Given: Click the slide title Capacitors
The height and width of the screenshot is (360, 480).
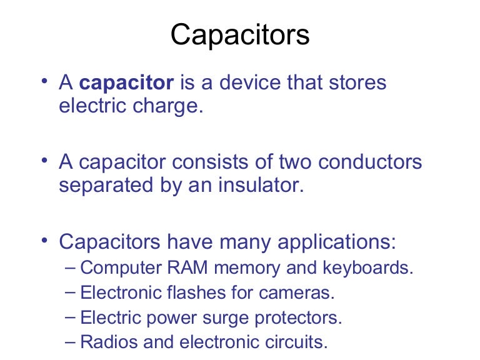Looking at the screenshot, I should (240, 36).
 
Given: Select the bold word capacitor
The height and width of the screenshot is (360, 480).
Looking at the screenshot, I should (127, 83).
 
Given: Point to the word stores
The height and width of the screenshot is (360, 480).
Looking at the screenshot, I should (356, 83).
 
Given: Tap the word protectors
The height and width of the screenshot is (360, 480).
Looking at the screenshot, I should (299, 317).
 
